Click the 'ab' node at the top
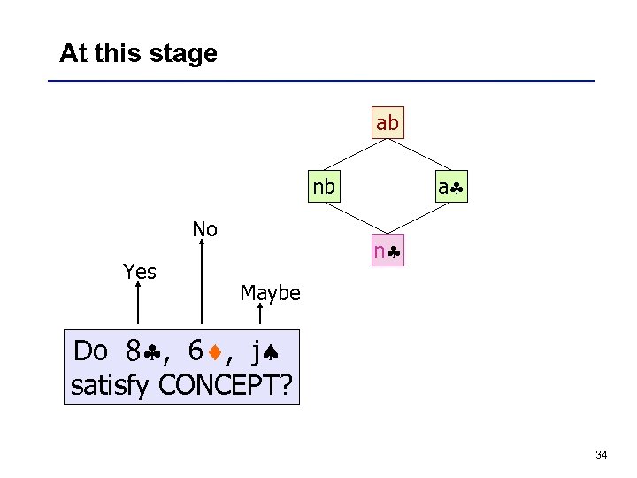coord(388,124)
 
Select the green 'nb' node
coord(324,188)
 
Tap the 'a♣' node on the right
coord(451,188)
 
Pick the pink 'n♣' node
coord(388,251)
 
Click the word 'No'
coord(204,229)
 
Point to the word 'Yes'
coord(140,272)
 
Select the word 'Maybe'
coord(270,293)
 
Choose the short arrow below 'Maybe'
coord(261,317)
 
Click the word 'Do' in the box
coord(90,351)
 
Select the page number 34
coord(602,455)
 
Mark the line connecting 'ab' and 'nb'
coord(356,156)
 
